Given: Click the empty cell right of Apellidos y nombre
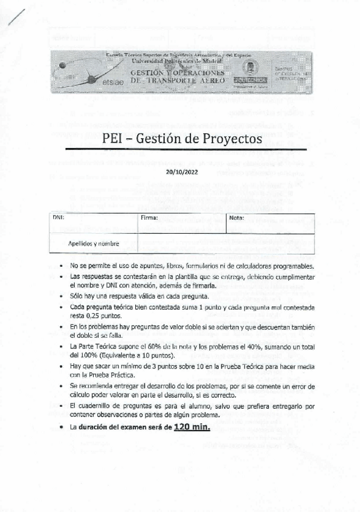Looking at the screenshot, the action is pyautogui.click(x=226, y=243).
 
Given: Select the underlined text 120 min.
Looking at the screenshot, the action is pyautogui.click(x=191, y=427).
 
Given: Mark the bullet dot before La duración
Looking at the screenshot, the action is pyautogui.click(x=63, y=427).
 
